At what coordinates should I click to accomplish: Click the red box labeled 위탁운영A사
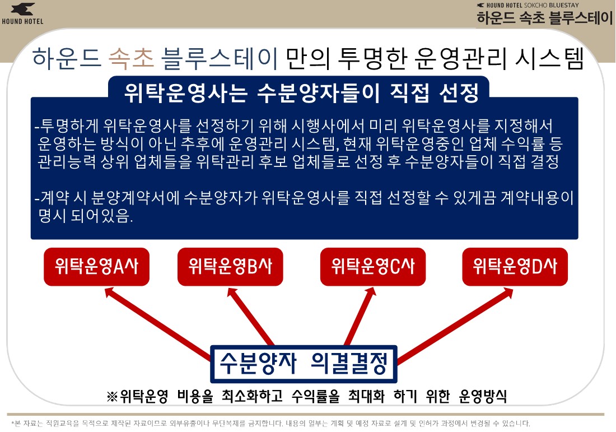(97, 267)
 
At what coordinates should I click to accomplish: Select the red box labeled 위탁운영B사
(230, 267)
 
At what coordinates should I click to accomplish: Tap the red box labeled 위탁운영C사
(373, 267)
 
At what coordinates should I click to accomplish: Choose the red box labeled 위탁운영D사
(515, 267)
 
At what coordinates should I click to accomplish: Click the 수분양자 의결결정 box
(304, 364)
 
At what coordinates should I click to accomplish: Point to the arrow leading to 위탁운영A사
(158, 323)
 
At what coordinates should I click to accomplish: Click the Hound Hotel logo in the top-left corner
(22, 14)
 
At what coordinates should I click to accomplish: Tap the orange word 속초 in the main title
(131, 59)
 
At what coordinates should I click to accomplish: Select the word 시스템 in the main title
(550, 59)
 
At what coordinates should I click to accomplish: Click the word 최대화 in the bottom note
(367, 396)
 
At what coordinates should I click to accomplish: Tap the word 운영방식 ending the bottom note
(482, 396)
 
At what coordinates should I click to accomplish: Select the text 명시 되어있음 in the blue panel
(85, 216)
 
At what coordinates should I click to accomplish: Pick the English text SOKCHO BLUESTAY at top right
(557, 5)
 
